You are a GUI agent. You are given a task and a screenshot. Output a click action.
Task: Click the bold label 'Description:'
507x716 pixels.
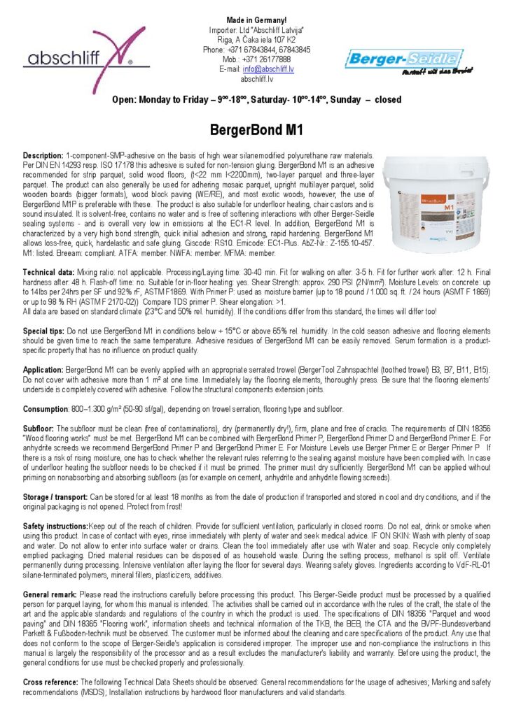click(x=43, y=155)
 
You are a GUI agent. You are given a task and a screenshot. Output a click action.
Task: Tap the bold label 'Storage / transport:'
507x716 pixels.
click(x=61, y=496)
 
